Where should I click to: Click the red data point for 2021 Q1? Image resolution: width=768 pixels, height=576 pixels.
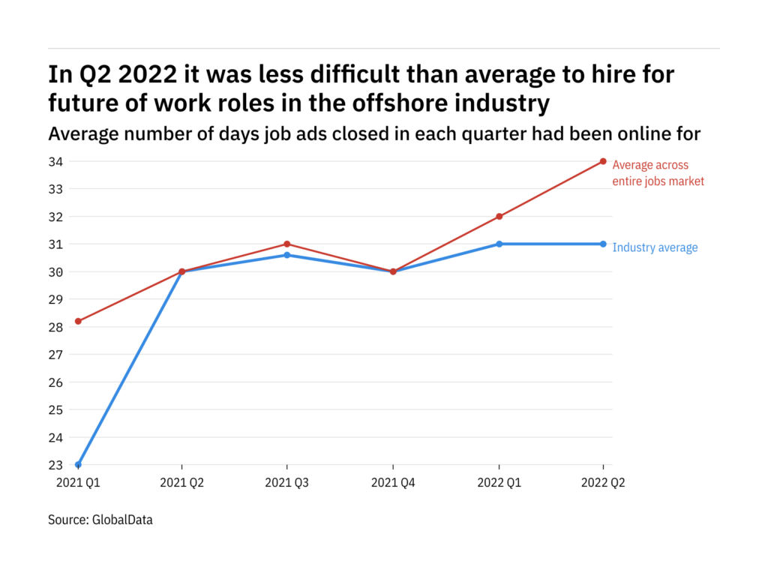[x=78, y=321]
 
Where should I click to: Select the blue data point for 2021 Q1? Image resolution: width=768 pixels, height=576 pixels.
[x=78, y=465]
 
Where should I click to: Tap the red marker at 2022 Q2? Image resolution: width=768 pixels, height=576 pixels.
[x=603, y=161]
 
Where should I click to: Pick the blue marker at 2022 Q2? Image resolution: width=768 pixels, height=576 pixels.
[x=603, y=244]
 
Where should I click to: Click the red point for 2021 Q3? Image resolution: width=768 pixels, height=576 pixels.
[x=287, y=244]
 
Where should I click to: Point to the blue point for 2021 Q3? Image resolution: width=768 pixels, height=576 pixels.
[x=287, y=255]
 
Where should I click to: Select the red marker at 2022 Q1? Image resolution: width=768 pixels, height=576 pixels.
[x=499, y=217]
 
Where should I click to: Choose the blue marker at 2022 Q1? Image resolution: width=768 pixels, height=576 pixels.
[x=499, y=244]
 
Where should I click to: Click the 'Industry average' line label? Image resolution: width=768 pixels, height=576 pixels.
[x=655, y=247]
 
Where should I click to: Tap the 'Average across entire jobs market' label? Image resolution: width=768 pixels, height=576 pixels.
[x=658, y=173]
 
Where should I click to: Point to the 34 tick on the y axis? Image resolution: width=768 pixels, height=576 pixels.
[x=56, y=161]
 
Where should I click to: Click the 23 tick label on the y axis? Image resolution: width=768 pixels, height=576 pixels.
[x=56, y=465]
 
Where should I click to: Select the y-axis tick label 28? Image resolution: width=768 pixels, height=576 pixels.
[x=56, y=327]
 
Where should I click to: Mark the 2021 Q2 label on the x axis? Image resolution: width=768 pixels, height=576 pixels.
[x=182, y=484]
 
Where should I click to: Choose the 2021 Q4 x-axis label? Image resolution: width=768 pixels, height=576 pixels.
[x=392, y=484]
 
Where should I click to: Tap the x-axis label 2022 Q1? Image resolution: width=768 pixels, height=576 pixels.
[x=499, y=484]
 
